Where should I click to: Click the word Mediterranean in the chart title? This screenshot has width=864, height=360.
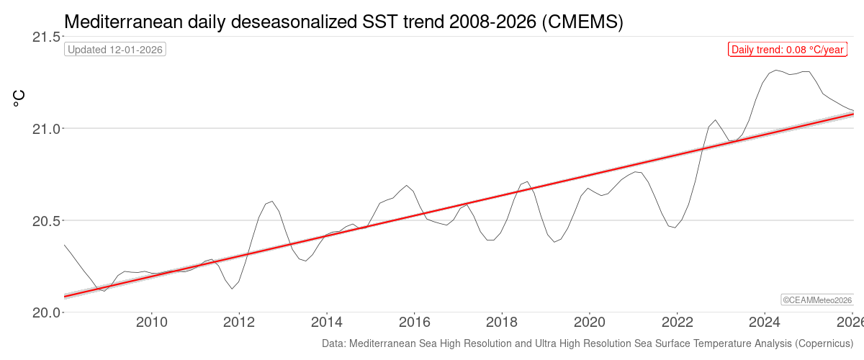pos(120,22)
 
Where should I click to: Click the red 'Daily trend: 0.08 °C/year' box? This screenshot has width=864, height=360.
pos(787,50)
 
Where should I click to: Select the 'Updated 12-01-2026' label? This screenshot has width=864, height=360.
pos(115,50)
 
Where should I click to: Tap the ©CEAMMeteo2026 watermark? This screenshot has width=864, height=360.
pos(817,300)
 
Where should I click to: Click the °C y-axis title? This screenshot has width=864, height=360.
pos(19,98)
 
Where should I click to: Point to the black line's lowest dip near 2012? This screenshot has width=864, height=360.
pos(232,289)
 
